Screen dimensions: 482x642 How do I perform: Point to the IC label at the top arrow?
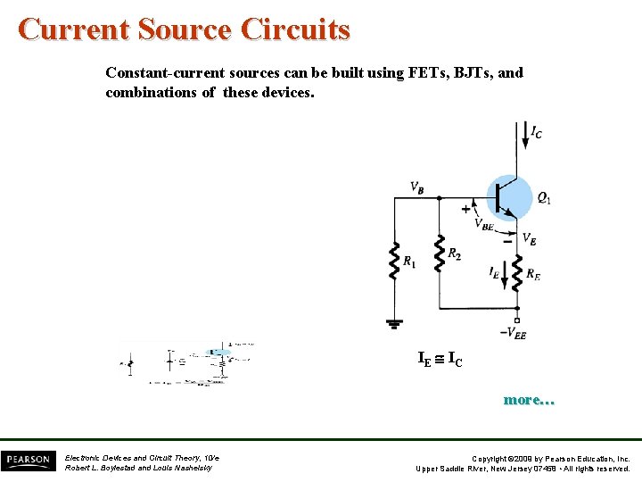pos(536,133)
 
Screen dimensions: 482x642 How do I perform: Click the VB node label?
pos(416,187)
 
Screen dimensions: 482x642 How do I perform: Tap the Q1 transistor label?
pos(543,198)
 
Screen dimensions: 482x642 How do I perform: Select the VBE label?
pos(483,224)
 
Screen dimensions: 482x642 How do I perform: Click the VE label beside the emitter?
pos(529,239)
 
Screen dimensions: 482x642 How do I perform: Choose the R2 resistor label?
pos(455,253)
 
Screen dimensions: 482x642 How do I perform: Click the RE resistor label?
pos(532,276)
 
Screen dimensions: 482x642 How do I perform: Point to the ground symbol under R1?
pos(392,323)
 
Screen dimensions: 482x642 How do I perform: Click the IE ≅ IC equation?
pos(440,360)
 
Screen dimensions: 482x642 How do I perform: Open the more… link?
pos(529,400)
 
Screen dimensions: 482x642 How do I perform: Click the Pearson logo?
pos(27,461)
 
